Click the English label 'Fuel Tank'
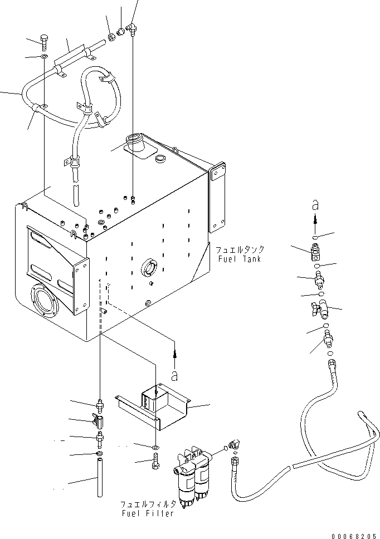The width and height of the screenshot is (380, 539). coord(240,259)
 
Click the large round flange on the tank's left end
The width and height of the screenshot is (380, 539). coord(42,302)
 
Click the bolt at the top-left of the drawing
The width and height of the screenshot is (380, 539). coord(45,41)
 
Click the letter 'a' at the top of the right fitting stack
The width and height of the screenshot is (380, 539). coord(314,203)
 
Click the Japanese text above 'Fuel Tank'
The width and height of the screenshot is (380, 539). coord(241,250)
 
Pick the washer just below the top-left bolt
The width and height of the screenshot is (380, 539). coord(44,56)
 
